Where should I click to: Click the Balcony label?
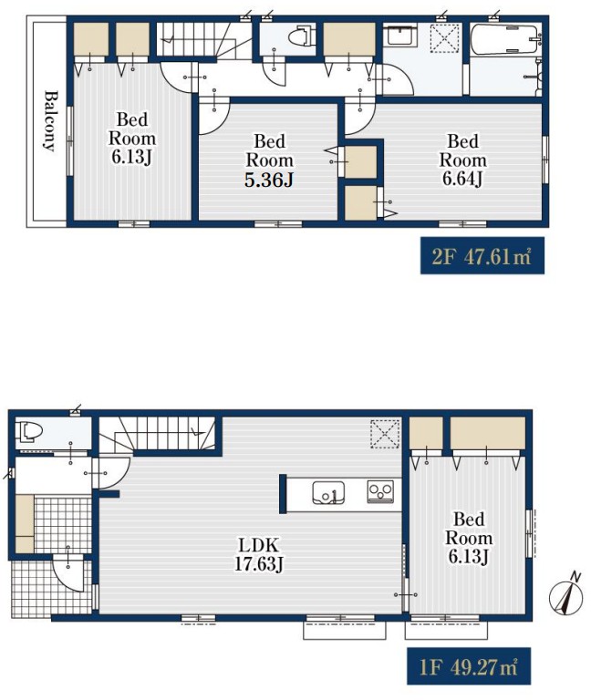(51, 121)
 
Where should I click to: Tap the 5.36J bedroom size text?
(269, 180)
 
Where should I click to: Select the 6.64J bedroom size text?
(462, 179)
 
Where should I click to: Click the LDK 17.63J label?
(259, 554)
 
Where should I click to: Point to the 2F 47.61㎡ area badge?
(482, 256)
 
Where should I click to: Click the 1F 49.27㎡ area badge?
(469, 666)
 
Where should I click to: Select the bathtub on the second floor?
(504, 40)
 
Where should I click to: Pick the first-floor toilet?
(29, 432)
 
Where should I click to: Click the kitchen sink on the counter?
(328, 492)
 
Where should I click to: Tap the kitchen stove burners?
(380, 491)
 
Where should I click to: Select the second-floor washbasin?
(401, 35)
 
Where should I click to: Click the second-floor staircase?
(203, 39)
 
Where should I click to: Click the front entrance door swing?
(67, 572)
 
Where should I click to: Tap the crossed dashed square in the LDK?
(385, 433)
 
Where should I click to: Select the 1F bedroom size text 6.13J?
(468, 557)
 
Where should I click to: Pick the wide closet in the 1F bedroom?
(487, 432)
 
